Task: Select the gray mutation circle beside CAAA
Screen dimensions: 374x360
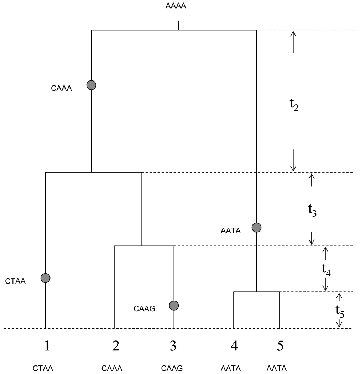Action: [x=92, y=85]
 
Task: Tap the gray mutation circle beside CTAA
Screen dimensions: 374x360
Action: [x=45, y=278]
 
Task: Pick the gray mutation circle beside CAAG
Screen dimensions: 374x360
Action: [x=174, y=305]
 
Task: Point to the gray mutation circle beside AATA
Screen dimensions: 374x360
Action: [x=256, y=227]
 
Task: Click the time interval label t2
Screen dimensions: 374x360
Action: [x=294, y=106]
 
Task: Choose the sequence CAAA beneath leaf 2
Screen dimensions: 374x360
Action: [x=112, y=368]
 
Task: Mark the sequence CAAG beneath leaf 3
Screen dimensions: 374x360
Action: [x=172, y=368]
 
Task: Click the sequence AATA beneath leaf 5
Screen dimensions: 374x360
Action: [x=276, y=368]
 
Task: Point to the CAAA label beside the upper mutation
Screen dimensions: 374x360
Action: [x=62, y=88]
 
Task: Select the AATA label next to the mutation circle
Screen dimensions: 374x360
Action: [x=231, y=231]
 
